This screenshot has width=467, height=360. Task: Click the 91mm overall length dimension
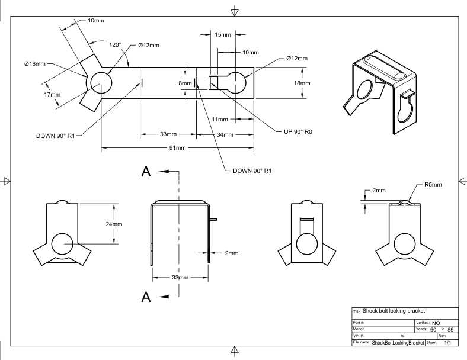click(178, 148)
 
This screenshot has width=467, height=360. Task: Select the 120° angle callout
click(115, 45)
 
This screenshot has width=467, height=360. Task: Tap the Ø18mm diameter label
click(35, 64)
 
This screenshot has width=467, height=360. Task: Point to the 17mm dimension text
click(52, 95)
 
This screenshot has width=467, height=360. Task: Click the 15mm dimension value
click(223, 35)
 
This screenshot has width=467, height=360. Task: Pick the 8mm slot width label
click(185, 83)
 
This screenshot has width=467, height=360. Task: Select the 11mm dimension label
click(220, 120)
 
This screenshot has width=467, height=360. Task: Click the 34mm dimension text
click(225, 135)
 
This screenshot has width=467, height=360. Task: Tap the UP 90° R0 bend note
click(298, 132)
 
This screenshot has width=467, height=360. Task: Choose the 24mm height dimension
click(114, 224)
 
